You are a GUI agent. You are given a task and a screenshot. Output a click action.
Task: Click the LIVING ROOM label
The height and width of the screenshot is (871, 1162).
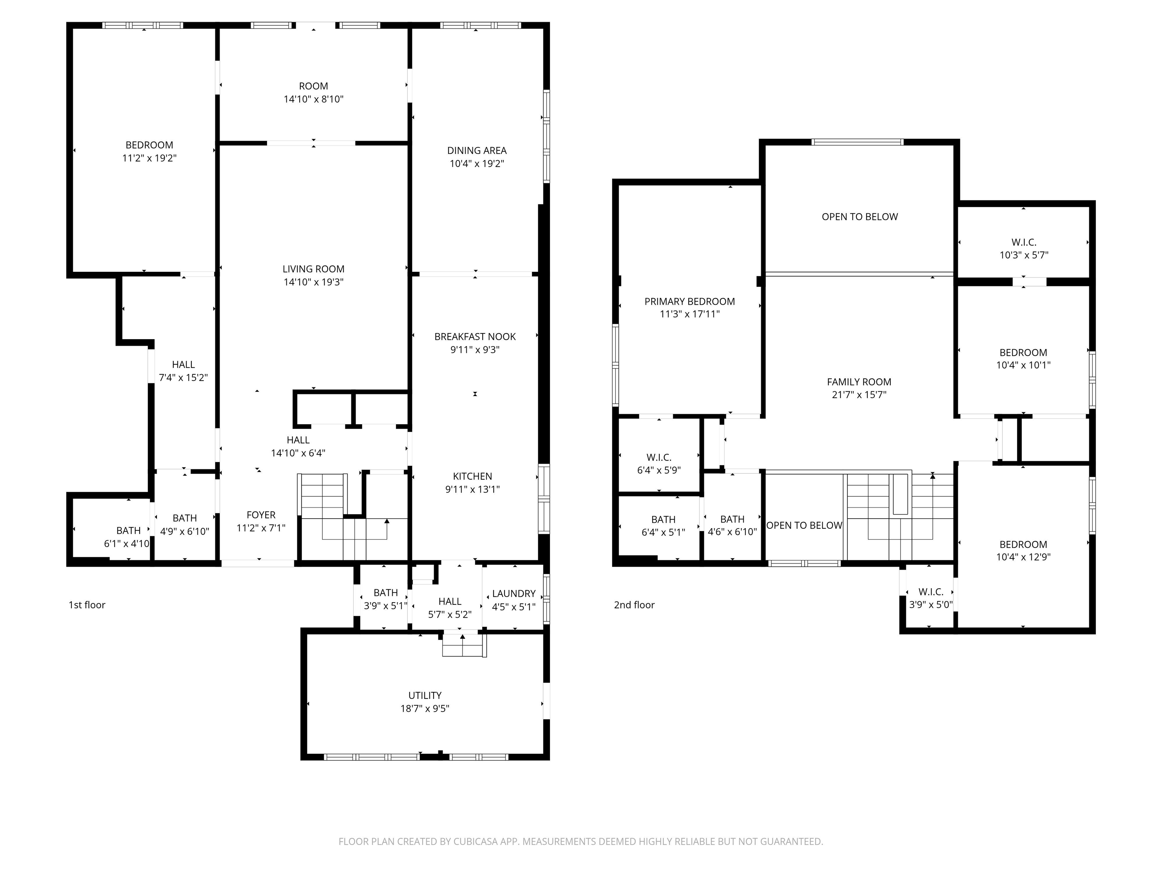click(313, 269)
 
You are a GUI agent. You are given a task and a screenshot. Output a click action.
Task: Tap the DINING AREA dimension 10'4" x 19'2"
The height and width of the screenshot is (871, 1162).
click(477, 164)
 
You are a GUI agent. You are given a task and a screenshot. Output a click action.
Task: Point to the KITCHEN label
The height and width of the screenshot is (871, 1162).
click(472, 477)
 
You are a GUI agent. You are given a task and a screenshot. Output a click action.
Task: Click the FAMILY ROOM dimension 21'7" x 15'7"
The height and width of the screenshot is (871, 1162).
click(859, 395)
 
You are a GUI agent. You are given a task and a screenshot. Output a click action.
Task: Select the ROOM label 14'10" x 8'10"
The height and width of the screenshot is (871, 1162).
click(313, 87)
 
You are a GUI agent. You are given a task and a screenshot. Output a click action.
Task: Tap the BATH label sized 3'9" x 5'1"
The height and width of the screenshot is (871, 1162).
click(385, 593)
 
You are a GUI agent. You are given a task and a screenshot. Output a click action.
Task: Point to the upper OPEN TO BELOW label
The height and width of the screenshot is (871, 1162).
click(859, 217)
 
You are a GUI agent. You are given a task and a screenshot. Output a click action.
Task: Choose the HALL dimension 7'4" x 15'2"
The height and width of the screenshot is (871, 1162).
click(183, 378)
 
